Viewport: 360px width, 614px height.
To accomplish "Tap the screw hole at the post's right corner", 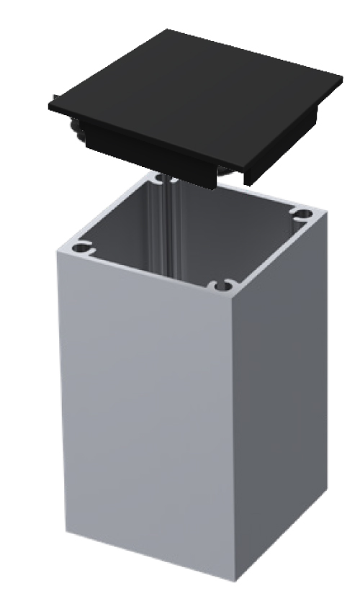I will [302, 213].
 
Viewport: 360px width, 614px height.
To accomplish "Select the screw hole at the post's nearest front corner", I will [225, 284].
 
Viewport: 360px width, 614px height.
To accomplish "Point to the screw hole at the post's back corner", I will [158, 177].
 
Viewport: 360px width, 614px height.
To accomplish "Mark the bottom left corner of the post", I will [66, 531].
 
